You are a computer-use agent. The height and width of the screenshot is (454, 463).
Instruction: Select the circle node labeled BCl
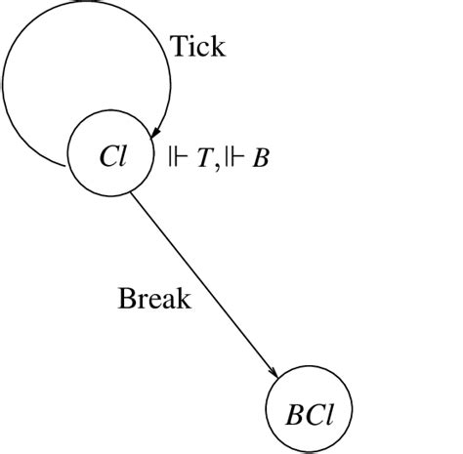pos(308,411)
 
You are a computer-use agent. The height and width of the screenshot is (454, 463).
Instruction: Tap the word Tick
pos(197,46)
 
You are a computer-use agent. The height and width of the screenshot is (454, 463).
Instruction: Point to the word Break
pos(154,298)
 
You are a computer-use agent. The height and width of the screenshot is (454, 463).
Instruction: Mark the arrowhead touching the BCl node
pos(276,374)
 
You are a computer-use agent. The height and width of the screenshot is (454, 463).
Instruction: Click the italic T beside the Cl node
pos(203,157)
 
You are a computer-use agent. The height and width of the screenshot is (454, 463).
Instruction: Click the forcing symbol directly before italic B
pos(237,157)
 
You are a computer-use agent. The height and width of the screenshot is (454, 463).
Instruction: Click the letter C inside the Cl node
pos(106,156)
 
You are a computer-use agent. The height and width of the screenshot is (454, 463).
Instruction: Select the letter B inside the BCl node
pos(292,411)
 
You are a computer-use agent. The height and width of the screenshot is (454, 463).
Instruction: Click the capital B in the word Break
pos(126,298)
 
